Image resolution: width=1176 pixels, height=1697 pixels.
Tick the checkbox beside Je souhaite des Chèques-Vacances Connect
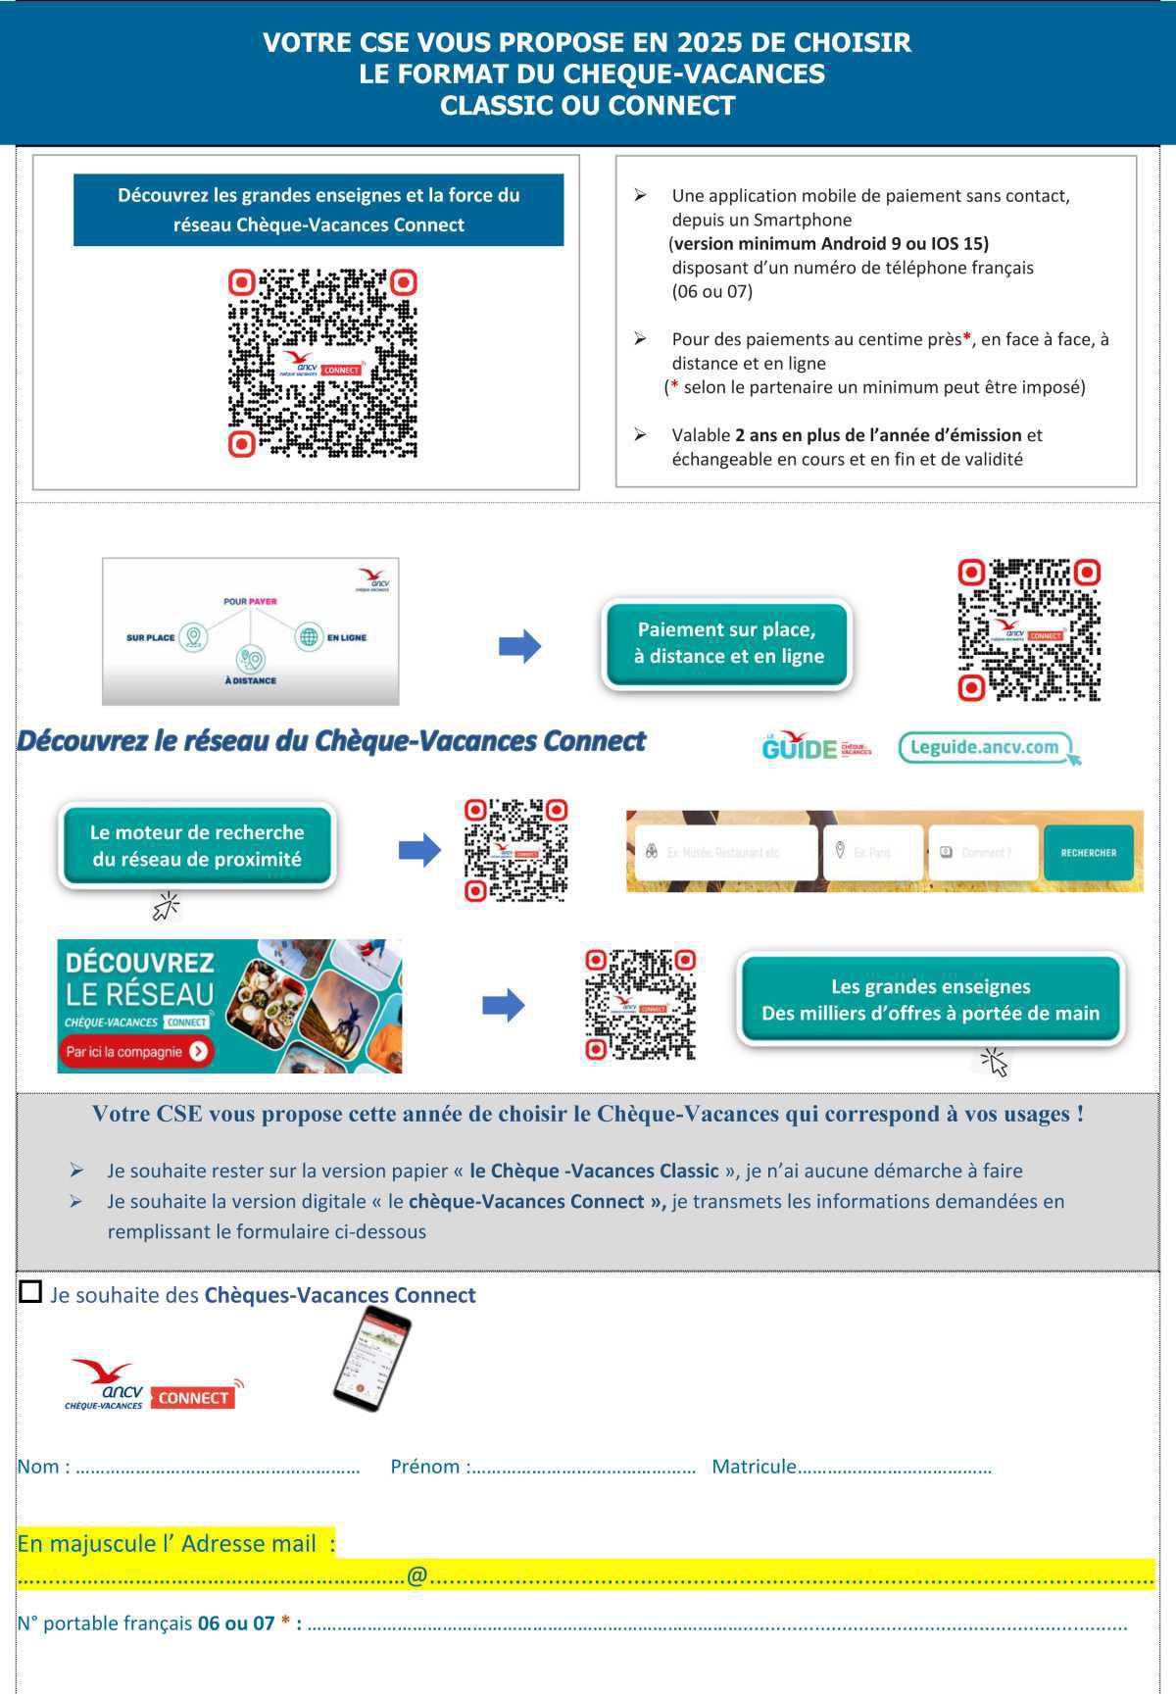coord(31,1292)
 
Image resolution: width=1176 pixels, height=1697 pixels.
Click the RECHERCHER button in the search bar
coord(1088,852)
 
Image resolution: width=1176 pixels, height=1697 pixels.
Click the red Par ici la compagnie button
coord(136,1051)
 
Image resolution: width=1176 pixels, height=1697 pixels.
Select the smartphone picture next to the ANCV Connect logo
coord(370,1358)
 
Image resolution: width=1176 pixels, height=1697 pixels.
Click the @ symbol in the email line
coord(416,1575)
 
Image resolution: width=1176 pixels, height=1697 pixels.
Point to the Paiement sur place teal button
coord(726,643)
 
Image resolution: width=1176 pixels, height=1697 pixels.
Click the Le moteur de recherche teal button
coord(197,846)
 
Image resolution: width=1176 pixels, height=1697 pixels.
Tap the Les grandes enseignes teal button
coord(930,1000)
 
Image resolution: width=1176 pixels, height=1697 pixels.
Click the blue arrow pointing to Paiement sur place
coord(519,645)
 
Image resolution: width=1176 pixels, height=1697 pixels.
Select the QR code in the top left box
coord(323,364)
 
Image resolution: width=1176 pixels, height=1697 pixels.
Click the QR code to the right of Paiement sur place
coord(1029,630)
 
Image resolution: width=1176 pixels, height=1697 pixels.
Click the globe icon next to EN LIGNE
coord(309,637)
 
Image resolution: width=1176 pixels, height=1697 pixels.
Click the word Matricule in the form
coord(754,1467)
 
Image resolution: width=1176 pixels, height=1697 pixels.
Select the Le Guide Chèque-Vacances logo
coord(815,748)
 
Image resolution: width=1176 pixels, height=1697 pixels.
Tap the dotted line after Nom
coord(218,1470)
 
